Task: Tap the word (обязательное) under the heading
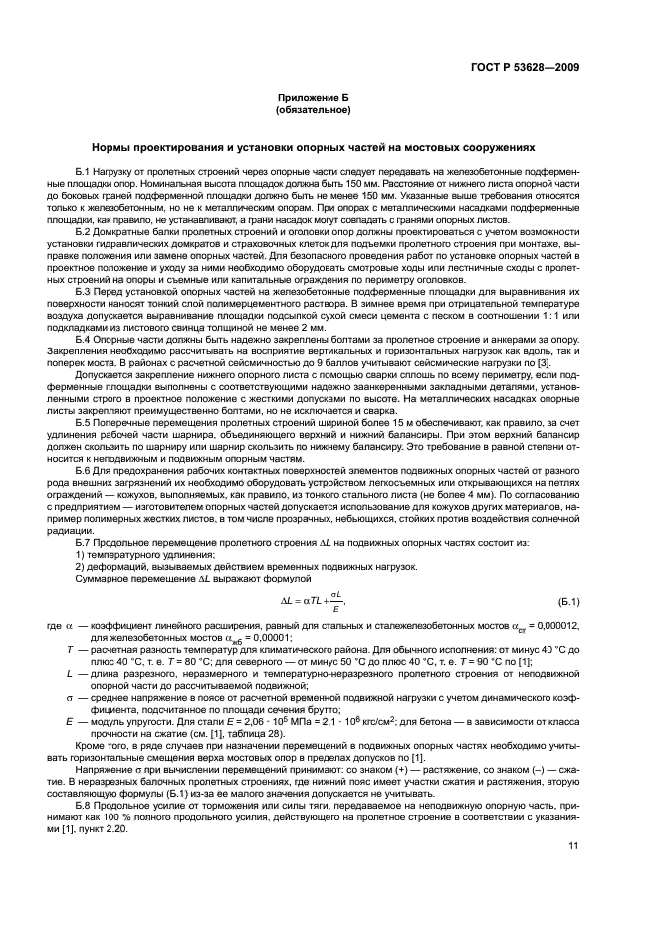click(329, 111)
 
